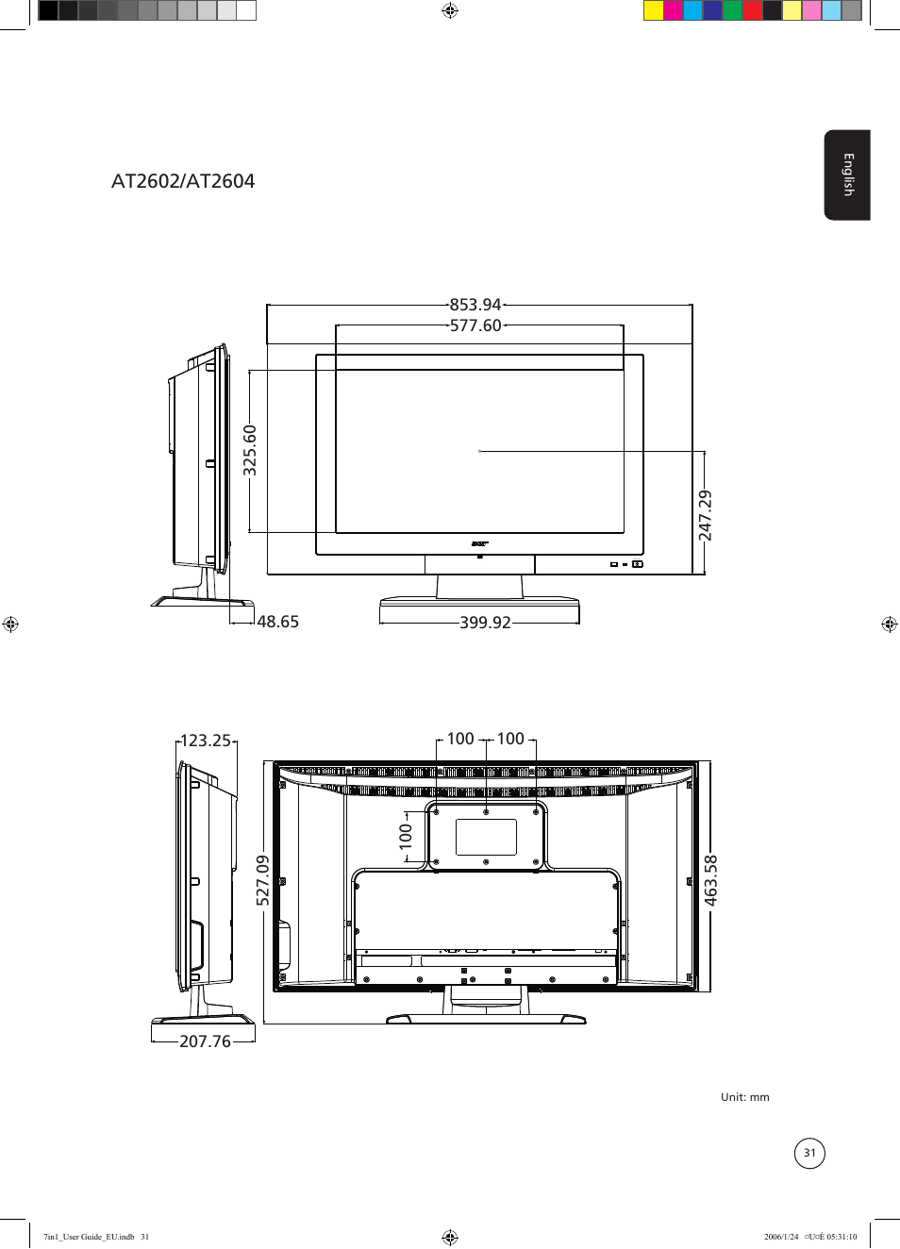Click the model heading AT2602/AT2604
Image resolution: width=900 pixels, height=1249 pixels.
pyautogui.click(x=183, y=181)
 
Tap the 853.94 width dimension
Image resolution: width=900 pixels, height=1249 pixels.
pyautogui.click(x=475, y=305)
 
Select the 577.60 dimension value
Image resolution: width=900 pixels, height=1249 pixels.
pyautogui.click(x=475, y=325)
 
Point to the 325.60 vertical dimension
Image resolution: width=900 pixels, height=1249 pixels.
pyautogui.click(x=250, y=450)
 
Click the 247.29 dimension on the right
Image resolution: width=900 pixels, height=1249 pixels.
pyautogui.click(x=706, y=515)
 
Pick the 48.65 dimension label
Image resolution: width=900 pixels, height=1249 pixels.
pyautogui.click(x=277, y=622)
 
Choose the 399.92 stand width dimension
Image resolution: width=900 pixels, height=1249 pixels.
pyautogui.click(x=485, y=623)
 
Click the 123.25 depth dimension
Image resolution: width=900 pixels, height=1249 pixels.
pyautogui.click(x=206, y=741)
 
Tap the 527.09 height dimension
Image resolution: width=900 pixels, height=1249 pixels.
pyautogui.click(x=263, y=880)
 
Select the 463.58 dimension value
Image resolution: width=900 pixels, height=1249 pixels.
pyautogui.click(x=711, y=880)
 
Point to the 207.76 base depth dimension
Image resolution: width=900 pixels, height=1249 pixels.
pyautogui.click(x=205, y=1041)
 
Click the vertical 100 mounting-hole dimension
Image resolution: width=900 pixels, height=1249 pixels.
pyautogui.click(x=407, y=836)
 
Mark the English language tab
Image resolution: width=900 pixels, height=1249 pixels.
pyautogui.click(x=847, y=175)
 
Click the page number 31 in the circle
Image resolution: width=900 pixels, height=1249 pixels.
pyautogui.click(x=809, y=1153)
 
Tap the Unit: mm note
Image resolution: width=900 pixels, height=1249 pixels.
pyautogui.click(x=744, y=1097)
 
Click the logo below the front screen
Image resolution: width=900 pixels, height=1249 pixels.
pyautogui.click(x=479, y=544)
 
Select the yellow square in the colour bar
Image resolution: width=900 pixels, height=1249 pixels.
pyautogui.click(x=653, y=10)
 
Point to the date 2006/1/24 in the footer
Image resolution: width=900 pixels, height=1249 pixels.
pyautogui.click(x=781, y=1237)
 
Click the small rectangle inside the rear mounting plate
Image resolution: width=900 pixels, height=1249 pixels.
pyautogui.click(x=486, y=837)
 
